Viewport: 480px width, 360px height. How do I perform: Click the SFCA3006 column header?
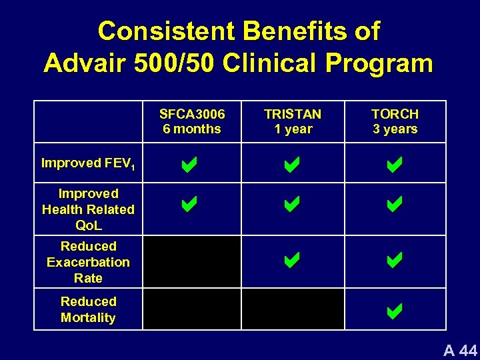pyautogui.click(x=191, y=121)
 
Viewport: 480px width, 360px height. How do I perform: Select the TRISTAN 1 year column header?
pyautogui.click(x=293, y=121)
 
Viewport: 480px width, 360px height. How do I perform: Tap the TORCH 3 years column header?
pyautogui.click(x=395, y=121)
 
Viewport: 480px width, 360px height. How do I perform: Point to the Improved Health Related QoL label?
pyautogui.click(x=88, y=209)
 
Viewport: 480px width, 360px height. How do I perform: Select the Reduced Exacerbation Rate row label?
pyautogui.click(x=88, y=262)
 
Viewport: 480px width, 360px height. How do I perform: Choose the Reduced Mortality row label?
pyautogui.click(x=88, y=309)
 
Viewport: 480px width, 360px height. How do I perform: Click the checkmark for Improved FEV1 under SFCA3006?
pyautogui.click(x=189, y=165)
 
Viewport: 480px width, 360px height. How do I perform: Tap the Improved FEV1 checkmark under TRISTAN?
pyautogui.click(x=292, y=165)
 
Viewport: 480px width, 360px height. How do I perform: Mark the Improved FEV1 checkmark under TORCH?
pyautogui.click(x=394, y=165)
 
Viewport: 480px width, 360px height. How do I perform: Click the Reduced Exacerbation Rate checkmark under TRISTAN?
pyautogui.click(x=292, y=259)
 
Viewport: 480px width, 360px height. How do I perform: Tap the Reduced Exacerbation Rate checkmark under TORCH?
pyautogui.click(x=394, y=259)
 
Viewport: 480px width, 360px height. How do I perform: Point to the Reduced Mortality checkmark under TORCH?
pyautogui.click(x=394, y=310)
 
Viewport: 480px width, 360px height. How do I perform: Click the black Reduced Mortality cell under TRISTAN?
pyautogui.click(x=293, y=309)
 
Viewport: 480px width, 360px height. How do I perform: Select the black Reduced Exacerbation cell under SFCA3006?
pyautogui.click(x=191, y=262)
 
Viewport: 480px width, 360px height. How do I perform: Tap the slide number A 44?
pyautogui.click(x=461, y=349)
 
